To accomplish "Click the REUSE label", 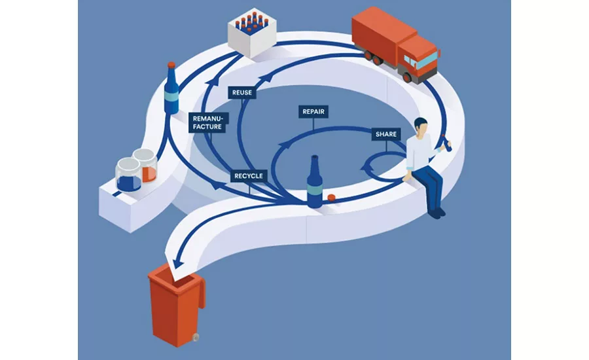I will pyautogui.click(x=242, y=93).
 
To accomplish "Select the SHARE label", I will pyautogui.click(x=385, y=134).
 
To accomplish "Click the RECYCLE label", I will pyautogui.click(x=248, y=176).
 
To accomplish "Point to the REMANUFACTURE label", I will pyautogui.click(x=207, y=122).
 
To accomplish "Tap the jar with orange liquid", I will pyautogui.click(x=147, y=166).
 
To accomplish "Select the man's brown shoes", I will pyautogui.click(x=437, y=211).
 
